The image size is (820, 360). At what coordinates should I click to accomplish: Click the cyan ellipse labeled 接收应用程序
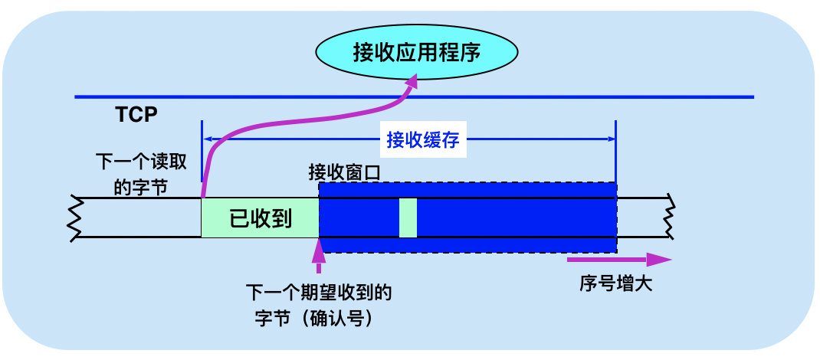tap(416, 53)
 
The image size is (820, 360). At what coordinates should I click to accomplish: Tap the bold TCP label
tap(136, 115)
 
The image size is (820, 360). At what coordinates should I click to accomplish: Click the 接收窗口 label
tap(344, 172)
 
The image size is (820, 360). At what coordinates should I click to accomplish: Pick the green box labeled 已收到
tap(260, 218)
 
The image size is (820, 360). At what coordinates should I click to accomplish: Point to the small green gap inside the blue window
tap(408, 218)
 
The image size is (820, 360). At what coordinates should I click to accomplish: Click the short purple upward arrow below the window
tap(317, 257)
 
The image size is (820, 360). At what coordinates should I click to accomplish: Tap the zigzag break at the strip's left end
tap(75, 218)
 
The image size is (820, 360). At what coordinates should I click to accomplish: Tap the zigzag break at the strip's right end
tap(671, 218)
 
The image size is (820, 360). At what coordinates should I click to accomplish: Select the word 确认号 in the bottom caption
tap(343, 316)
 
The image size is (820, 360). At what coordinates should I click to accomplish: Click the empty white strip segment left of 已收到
tap(138, 218)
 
